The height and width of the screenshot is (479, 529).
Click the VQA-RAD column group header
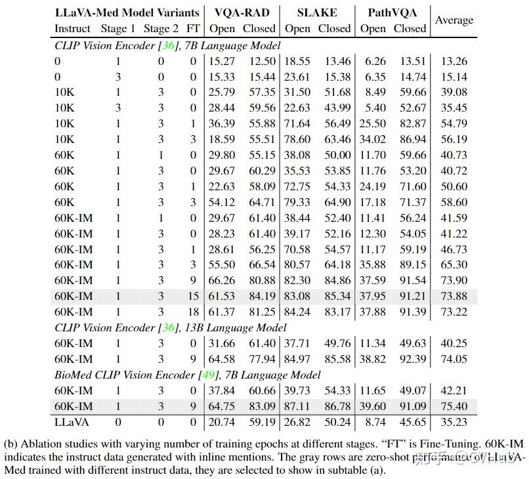(x=242, y=12)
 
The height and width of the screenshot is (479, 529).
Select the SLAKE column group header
(x=318, y=12)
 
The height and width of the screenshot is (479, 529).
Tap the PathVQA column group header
(x=392, y=12)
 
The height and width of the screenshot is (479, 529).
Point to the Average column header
(x=454, y=20)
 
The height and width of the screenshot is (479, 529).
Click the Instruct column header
(x=72, y=29)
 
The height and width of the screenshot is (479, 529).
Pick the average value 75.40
(x=454, y=406)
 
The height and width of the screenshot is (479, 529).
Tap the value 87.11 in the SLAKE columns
(x=297, y=406)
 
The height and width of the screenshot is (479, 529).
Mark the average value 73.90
(x=454, y=280)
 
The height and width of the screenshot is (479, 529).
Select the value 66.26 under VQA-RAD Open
(x=222, y=280)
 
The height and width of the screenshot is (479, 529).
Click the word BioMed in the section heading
(x=74, y=375)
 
